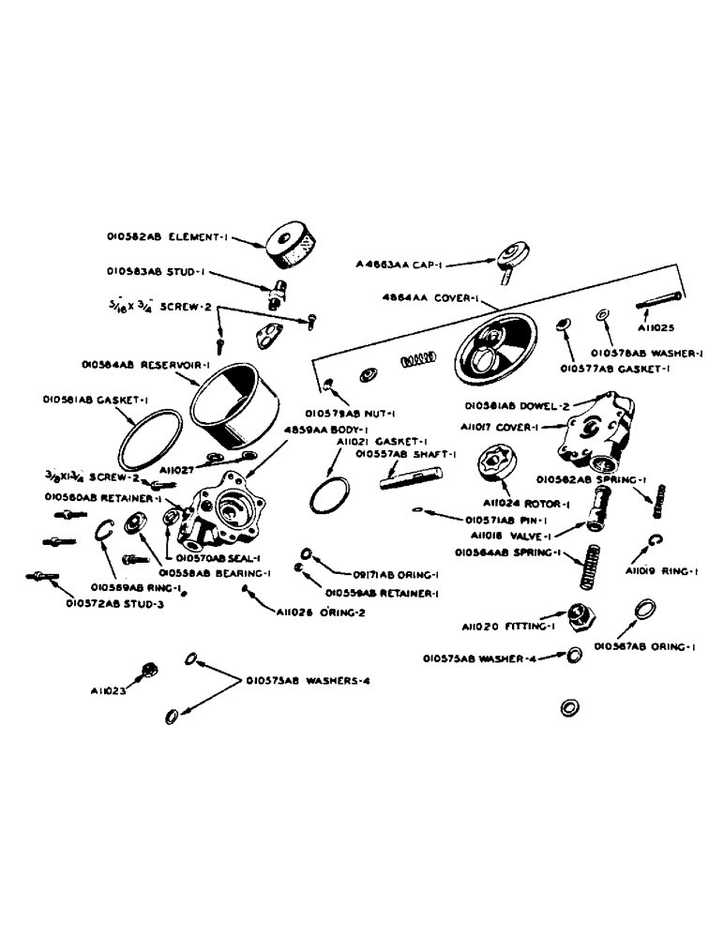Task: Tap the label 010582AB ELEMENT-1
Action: (159, 238)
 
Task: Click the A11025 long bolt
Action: (656, 305)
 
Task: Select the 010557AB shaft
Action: (403, 479)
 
